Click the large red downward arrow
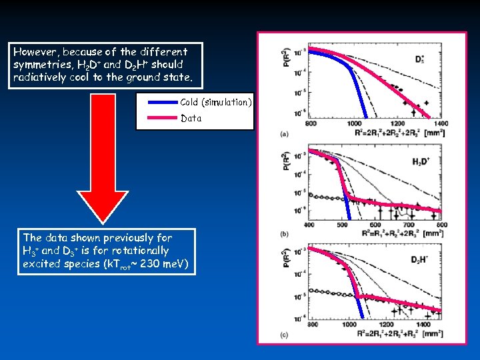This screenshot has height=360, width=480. [x=103, y=167]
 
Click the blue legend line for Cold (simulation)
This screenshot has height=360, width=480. [x=157, y=103]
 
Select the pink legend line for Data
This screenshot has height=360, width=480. [x=157, y=119]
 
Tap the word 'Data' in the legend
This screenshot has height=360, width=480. [x=191, y=119]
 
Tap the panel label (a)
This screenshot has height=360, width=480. [x=285, y=133]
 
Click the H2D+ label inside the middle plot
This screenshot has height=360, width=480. [x=420, y=162]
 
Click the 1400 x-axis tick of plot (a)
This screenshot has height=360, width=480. [x=440, y=123]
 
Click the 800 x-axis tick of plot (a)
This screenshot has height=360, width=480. [x=311, y=123]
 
